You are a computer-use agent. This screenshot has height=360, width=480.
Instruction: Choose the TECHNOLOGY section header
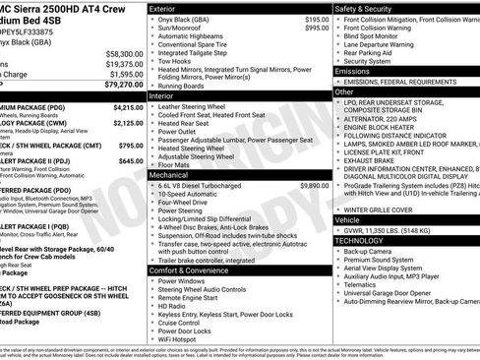[360, 239]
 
